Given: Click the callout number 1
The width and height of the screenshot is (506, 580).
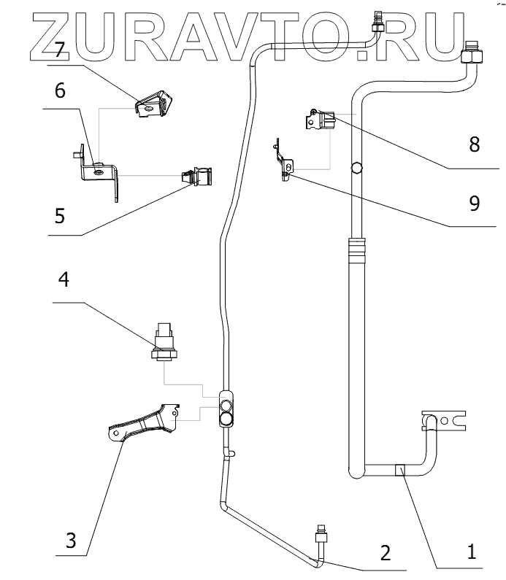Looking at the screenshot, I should (x=473, y=551).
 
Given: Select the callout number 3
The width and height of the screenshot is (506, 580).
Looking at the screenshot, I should (x=70, y=541).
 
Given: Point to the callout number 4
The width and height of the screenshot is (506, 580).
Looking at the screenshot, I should (x=64, y=281).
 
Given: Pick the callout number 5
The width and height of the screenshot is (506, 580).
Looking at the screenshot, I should (x=61, y=217).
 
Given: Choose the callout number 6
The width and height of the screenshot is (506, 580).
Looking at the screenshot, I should (x=60, y=91).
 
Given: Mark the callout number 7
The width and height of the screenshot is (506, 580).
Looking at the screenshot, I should (x=60, y=50).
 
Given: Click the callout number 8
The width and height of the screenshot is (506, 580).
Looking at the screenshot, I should (x=475, y=144).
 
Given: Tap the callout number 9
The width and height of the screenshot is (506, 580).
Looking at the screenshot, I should (x=475, y=204).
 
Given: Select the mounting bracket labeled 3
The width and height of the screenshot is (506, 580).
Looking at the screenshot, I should (x=142, y=425).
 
